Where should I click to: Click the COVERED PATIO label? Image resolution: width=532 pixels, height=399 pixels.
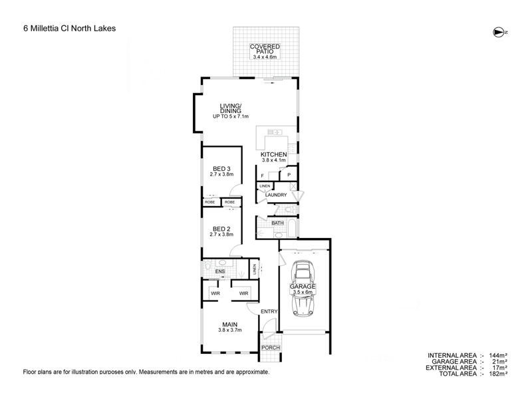tap(265, 49)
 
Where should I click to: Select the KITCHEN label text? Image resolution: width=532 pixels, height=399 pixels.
tap(273, 154)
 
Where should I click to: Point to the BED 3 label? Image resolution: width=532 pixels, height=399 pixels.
tap(221, 168)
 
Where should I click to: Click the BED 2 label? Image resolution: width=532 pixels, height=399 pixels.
tap(221, 229)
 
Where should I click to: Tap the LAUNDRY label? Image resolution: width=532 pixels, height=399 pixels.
tap(276, 195)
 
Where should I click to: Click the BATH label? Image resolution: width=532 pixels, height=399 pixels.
tap(277, 223)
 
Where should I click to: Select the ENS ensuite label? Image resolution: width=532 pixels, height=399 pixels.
tap(220, 272)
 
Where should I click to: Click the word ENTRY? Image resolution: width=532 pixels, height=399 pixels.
tap(269, 312)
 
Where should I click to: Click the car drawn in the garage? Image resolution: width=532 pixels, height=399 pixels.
tap(305, 287)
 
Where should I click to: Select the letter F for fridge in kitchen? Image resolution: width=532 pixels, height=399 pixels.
tap(262, 176)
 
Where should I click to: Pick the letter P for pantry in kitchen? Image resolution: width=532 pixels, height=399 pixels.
tap(289, 176)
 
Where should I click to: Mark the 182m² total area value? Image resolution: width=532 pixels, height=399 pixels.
tap(498, 374)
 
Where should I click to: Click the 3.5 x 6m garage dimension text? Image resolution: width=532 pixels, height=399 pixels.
tap(304, 292)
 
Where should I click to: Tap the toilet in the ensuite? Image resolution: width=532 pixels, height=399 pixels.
tap(209, 265)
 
